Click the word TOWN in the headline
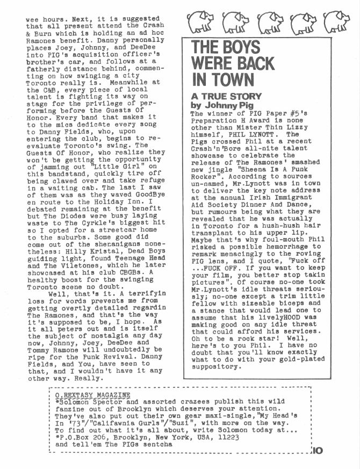[x=229, y=80]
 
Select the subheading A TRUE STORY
[x=219, y=97]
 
